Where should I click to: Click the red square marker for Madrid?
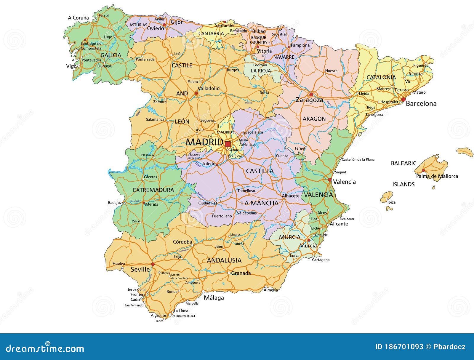228,144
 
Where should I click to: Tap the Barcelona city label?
421,104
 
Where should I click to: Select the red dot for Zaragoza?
311,95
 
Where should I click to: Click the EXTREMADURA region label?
153,190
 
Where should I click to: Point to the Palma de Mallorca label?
437,176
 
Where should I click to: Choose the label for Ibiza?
391,202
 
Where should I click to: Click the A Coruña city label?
78,18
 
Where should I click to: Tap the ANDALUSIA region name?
224,260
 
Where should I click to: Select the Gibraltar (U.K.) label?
184,316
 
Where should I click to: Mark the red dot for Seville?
153,264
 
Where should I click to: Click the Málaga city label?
214,298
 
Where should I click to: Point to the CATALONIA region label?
381,77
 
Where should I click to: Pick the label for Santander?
225,25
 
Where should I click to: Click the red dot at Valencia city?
330,180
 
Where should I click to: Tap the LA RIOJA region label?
261,71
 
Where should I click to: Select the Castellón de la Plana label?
358,159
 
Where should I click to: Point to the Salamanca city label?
155,120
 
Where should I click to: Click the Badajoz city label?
115,203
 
